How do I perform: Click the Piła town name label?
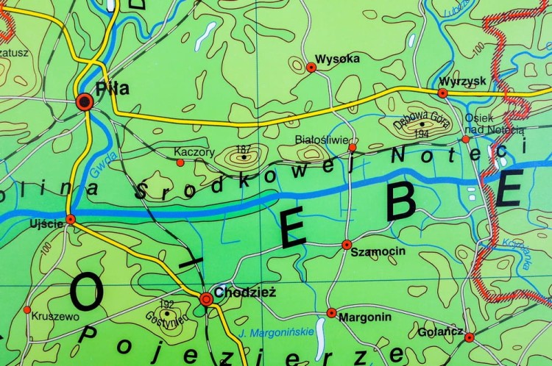click(113, 89)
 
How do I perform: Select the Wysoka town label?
click(336, 58)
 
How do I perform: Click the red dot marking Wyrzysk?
click(442, 93)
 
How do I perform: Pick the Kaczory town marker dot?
click(180, 162)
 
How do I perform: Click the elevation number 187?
click(244, 148)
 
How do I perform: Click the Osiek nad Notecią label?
click(494, 124)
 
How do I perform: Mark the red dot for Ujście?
click(71, 219)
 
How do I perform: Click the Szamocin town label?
click(378, 251)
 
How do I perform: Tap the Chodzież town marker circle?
click(206, 298)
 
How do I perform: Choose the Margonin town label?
click(364, 317)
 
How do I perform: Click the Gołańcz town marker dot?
click(470, 337)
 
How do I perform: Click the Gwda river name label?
click(96, 168)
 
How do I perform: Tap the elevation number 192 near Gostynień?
click(166, 304)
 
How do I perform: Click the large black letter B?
click(401, 200)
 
